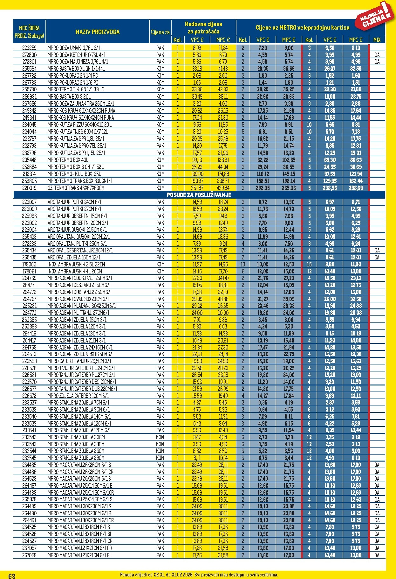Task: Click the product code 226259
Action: (x=29, y=48)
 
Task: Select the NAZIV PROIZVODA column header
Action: (x=98, y=32)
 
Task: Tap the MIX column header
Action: (x=377, y=40)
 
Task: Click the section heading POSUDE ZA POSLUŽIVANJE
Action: (x=199, y=195)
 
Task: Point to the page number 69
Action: (x=12, y=575)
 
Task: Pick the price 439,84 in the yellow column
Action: (x=223, y=188)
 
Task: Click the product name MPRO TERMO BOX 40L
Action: (x=68, y=160)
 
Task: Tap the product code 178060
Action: (x=29, y=264)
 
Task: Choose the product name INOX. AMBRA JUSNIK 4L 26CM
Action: (x=75, y=271)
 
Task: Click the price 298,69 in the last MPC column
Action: (x=356, y=188)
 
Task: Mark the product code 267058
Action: (x=29, y=555)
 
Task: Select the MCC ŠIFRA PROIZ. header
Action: (x=29, y=32)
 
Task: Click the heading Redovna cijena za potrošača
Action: (x=203, y=28)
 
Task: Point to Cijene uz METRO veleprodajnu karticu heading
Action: (x=302, y=28)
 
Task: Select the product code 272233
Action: (x=29, y=244)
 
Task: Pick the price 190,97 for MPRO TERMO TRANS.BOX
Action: (x=197, y=181)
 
